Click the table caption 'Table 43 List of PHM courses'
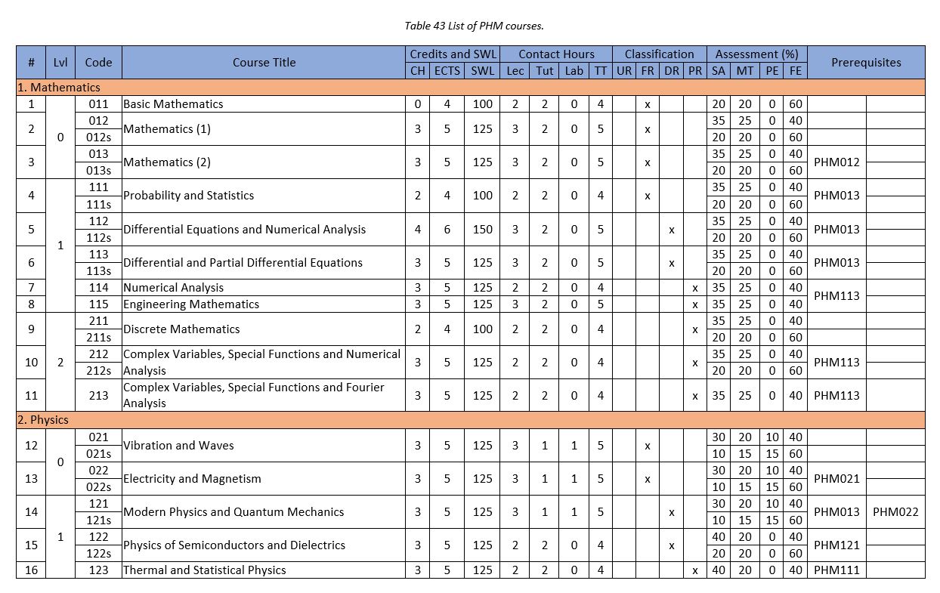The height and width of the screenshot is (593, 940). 474,26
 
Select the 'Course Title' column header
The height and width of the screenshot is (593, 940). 264,63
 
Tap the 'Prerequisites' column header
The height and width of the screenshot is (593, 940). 866,63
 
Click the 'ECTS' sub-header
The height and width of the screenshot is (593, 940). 447,71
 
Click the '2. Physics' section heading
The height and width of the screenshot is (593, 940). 43,420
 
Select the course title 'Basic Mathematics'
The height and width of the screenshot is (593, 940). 173,104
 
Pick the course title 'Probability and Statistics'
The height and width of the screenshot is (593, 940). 188,196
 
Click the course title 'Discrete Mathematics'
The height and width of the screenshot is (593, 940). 181,329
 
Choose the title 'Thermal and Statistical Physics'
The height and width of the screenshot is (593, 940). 204,570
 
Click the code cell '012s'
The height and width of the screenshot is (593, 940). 98,137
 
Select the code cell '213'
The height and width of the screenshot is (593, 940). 98,395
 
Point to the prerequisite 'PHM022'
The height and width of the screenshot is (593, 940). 895,512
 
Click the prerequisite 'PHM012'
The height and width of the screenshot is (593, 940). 836,162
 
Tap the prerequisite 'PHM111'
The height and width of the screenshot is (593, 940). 836,570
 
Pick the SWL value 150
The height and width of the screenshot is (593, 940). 483,230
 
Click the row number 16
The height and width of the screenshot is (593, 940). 31,570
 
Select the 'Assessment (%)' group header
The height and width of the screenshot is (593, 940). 756,54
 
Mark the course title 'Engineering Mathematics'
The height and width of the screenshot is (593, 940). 191,304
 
